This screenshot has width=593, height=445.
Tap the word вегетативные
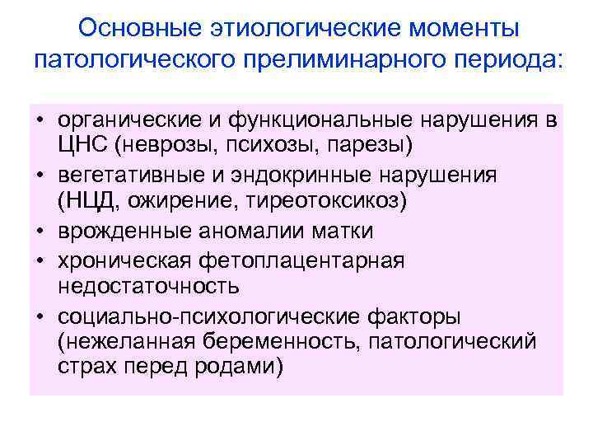tap(120, 176)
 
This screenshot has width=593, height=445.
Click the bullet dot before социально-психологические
tap(40, 316)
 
